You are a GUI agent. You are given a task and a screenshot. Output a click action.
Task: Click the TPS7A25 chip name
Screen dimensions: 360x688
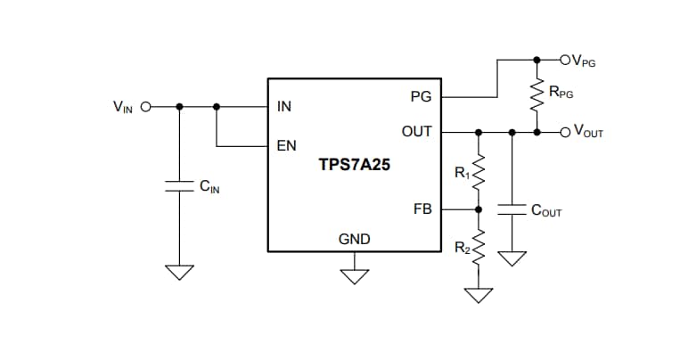[354, 165]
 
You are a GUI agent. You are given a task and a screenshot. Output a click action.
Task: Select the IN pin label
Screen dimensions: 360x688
[284, 106]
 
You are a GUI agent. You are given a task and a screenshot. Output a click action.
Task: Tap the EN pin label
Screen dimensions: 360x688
[286, 145]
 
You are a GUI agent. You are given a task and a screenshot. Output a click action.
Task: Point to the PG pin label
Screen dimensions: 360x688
[421, 95]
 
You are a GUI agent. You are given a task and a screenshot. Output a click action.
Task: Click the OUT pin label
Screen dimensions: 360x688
[416, 132]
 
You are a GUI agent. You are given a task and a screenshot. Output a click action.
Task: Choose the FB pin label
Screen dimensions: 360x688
[422, 210]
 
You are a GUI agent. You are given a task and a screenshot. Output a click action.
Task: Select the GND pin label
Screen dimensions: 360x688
[354, 239]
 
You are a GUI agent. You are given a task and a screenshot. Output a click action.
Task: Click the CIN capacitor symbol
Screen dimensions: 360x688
[180, 185]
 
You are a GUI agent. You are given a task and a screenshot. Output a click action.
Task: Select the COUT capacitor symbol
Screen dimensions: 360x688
[512, 210]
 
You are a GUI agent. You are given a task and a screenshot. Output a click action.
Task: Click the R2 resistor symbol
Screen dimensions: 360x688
[479, 246]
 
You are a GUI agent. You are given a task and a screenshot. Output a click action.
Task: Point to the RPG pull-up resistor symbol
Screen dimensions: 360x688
[536, 95]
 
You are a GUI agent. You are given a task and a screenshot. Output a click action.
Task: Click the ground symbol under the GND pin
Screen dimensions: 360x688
[355, 274]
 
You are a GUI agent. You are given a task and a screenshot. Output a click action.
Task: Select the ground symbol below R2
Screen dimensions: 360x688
[479, 293]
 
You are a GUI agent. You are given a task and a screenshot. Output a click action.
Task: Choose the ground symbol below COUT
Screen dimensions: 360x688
[512, 258]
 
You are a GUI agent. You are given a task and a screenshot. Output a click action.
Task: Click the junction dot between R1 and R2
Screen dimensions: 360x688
[479, 210]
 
